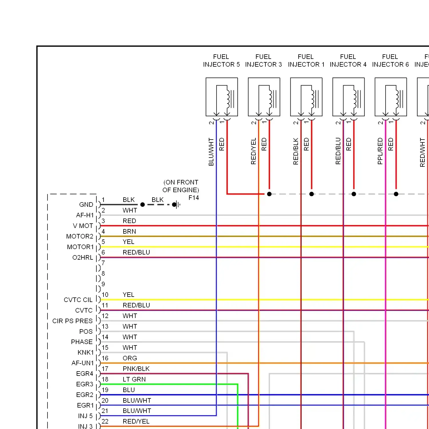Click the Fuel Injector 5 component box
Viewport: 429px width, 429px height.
(x=222, y=97)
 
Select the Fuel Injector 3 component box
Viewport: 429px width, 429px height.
(x=264, y=97)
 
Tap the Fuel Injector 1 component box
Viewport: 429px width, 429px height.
(x=306, y=97)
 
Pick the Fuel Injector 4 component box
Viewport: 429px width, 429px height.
(x=349, y=97)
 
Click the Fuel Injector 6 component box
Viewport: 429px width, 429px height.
(x=391, y=97)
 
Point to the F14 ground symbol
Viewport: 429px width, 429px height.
(x=177, y=204)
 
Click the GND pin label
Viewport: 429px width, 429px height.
(x=86, y=205)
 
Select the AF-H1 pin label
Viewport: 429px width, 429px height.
(x=85, y=215)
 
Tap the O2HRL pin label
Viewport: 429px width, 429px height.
(x=83, y=258)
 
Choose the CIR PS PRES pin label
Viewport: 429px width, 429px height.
(x=72, y=321)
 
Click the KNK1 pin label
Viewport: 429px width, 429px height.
(x=86, y=353)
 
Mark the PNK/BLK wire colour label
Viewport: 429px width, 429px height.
(x=136, y=369)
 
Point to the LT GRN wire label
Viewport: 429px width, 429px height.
(x=134, y=380)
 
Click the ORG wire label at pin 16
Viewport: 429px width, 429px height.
(x=130, y=358)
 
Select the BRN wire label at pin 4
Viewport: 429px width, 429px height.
(x=129, y=232)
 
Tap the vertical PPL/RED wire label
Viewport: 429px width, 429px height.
(x=380, y=151)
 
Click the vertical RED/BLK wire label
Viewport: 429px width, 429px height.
(x=296, y=151)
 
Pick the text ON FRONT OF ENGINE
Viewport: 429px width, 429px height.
(x=181, y=186)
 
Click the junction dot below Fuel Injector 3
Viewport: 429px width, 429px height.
(x=269, y=194)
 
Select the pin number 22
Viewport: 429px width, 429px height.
(x=105, y=422)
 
